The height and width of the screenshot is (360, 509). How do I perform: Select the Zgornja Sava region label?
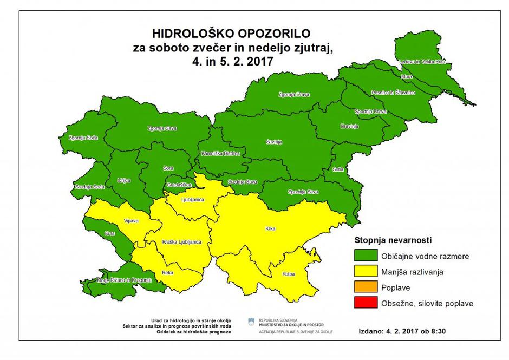(x=162, y=128)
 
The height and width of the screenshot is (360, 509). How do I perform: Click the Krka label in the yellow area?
(x=270, y=229)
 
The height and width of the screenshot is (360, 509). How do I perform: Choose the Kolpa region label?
(x=288, y=274)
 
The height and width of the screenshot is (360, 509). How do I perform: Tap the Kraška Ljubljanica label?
(x=181, y=241)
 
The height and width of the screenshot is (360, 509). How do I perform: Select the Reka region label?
(x=167, y=273)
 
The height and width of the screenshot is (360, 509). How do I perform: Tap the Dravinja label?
(x=349, y=126)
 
